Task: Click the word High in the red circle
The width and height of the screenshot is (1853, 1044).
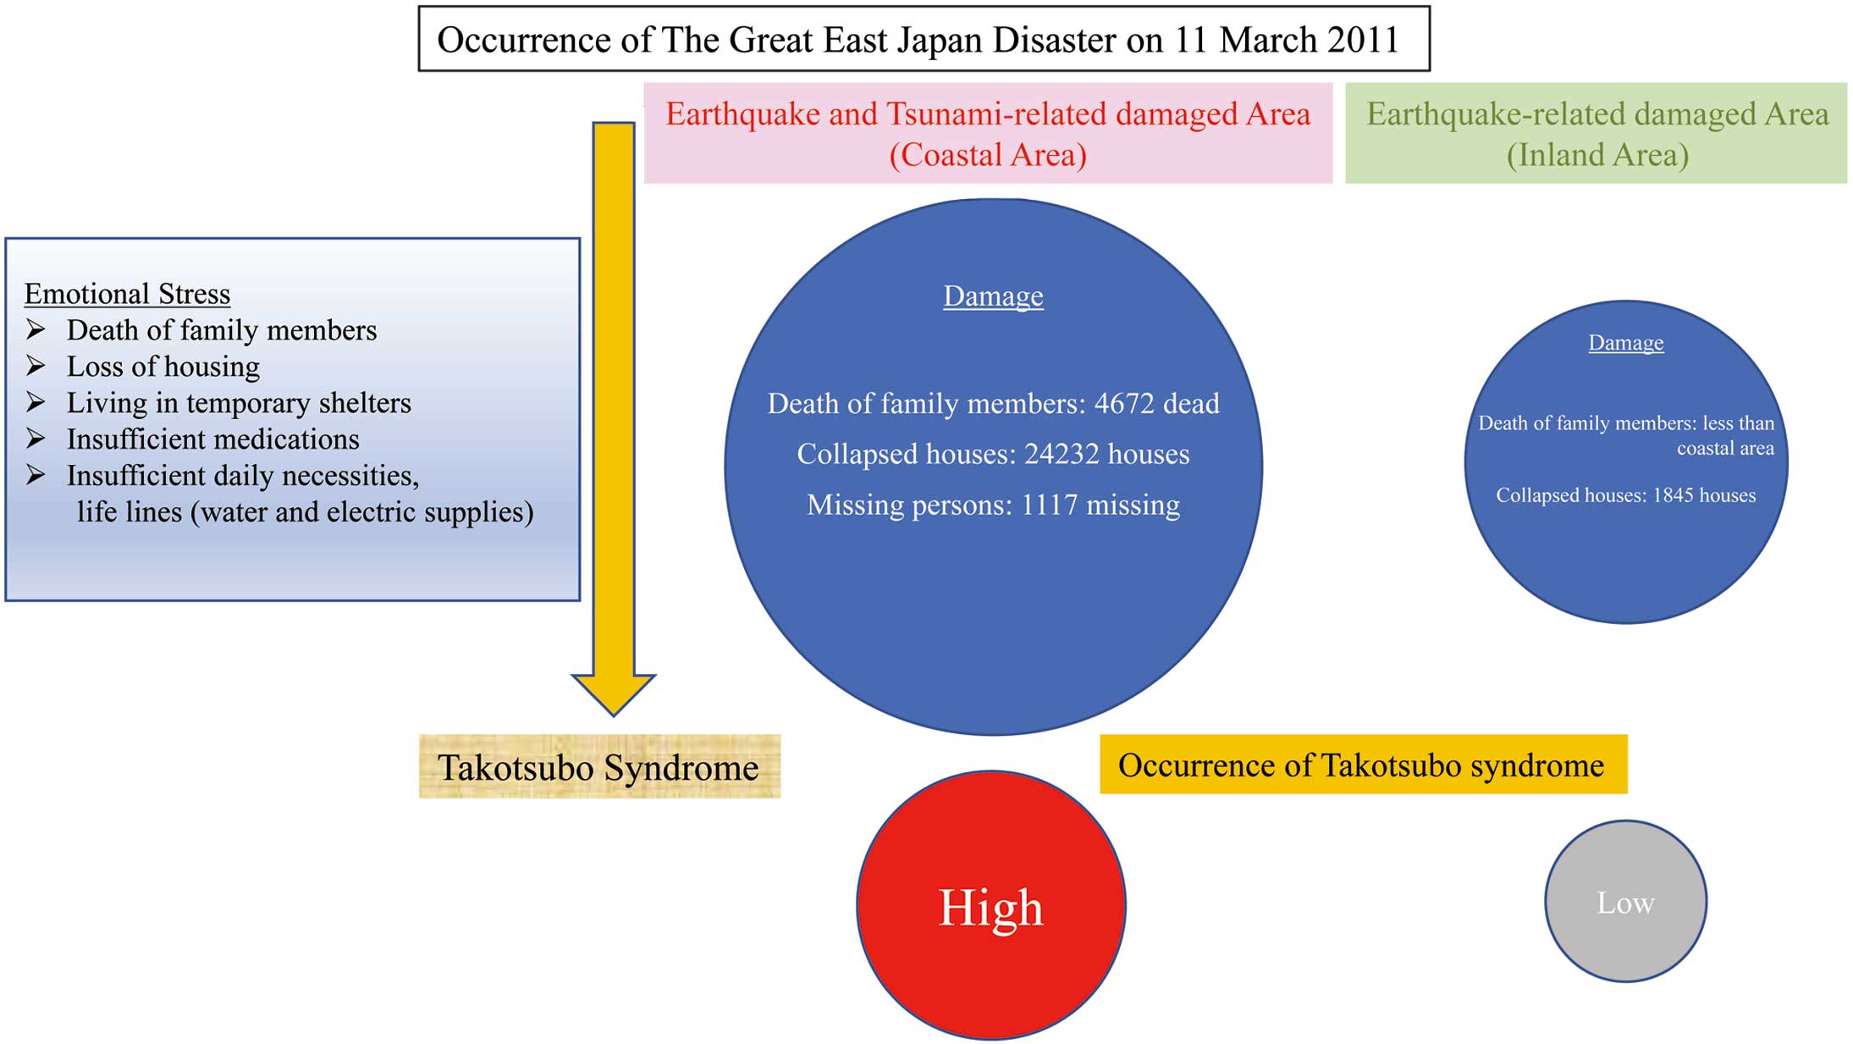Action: (x=991, y=908)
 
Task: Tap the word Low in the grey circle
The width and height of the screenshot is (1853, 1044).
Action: (x=1625, y=903)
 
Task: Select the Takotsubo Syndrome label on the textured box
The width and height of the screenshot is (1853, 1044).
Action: (x=598, y=768)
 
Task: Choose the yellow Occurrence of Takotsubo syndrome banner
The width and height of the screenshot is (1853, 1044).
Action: (x=1363, y=765)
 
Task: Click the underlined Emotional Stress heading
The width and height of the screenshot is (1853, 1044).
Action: (x=127, y=294)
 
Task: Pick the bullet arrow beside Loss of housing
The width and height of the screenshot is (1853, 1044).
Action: (x=36, y=366)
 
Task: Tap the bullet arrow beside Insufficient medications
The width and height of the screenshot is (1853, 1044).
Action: (x=36, y=439)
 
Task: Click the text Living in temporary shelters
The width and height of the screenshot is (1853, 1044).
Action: (x=239, y=403)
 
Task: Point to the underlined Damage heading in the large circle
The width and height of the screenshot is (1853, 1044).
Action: (x=993, y=296)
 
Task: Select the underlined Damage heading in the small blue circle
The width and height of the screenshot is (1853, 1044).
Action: (x=1625, y=343)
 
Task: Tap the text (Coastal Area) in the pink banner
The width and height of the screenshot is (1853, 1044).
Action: (x=988, y=155)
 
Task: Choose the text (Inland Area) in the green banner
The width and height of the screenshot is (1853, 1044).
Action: (x=1597, y=155)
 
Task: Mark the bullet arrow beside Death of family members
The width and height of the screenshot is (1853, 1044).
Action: (x=36, y=329)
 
